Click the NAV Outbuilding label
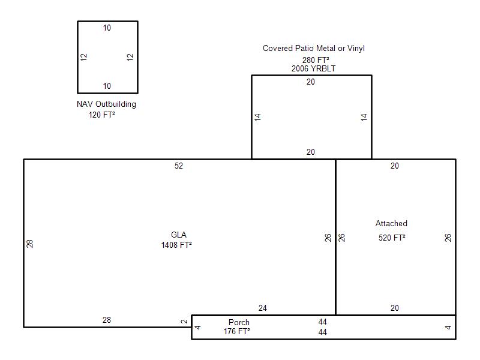106,104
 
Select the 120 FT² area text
101,115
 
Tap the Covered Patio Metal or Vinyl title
314,49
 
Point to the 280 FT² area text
316,60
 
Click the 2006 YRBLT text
313,68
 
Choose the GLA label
178,235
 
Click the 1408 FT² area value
176,245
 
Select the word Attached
391,223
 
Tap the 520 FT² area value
392,238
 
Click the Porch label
239,322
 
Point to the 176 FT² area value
236,331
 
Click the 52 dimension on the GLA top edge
179,166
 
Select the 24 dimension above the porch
263,308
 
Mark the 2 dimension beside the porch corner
184,322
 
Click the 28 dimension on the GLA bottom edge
107,320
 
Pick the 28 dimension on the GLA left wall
29,244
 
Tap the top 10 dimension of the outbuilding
107,28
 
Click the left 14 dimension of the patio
257,117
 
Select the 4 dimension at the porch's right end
448,328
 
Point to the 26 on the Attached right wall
448,238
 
